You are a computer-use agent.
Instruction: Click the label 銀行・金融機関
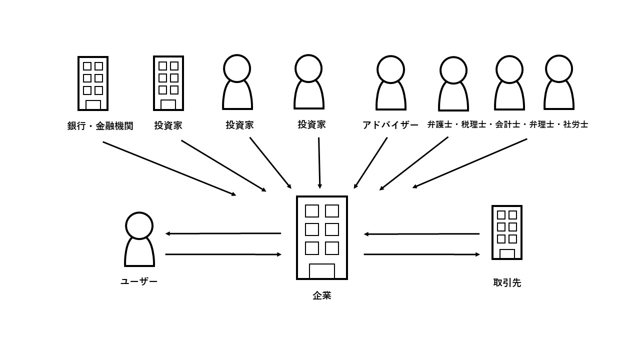[x=100, y=125]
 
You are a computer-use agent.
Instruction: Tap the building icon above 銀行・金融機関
[x=93, y=83]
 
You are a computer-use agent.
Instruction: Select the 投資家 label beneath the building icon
[x=168, y=125]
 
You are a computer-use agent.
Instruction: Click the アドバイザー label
[x=390, y=125]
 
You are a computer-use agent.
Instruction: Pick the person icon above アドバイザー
[x=390, y=83]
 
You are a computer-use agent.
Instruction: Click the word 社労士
[x=575, y=124]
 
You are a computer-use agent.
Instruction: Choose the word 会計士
[x=508, y=124]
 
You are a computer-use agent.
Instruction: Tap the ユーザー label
[x=139, y=281]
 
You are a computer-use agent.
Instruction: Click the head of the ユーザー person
[x=139, y=225]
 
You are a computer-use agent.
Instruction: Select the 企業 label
[x=322, y=295]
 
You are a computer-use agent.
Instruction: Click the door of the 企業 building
[x=322, y=270]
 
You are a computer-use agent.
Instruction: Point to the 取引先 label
[x=507, y=283]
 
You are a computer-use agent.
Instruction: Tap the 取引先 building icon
[x=507, y=232]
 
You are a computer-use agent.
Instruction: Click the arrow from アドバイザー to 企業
[x=370, y=163]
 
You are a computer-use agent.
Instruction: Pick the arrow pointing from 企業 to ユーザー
[x=223, y=233]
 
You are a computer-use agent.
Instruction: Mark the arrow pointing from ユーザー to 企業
[x=223, y=254]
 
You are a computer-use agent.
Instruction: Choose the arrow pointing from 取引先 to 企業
[x=421, y=234]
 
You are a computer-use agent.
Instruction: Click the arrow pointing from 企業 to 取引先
[x=421, y=254]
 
